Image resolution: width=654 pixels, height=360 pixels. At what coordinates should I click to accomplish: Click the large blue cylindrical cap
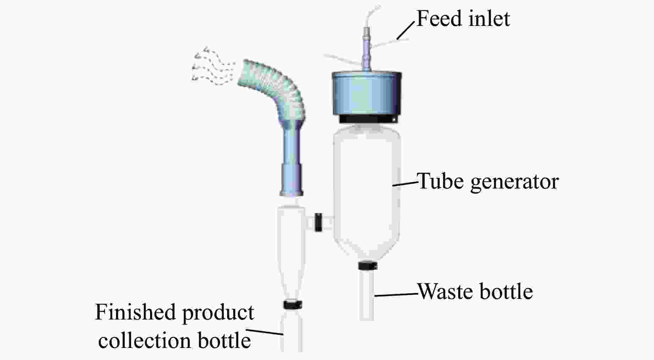(x=367, y=94)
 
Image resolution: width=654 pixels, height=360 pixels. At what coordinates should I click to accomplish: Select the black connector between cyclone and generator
(x=318, y=222)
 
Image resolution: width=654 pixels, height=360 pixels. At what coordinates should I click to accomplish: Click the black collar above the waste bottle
(x=367, y=266)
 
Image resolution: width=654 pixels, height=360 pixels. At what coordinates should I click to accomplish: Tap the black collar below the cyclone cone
(x=293, y=304)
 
